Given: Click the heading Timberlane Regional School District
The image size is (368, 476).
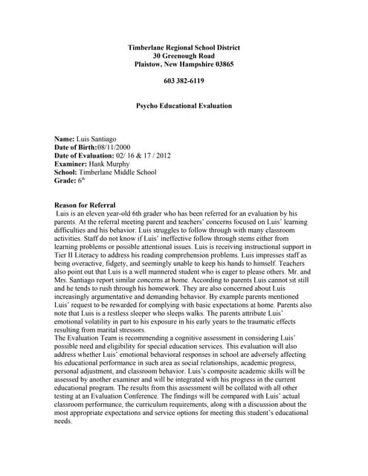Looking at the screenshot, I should click(184, 47).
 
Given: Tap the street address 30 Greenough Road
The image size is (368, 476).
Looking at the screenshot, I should click(184, 56).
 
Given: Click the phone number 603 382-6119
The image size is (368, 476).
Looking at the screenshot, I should click(184, 80).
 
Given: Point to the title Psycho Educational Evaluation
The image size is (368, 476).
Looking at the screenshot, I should click(184, 106).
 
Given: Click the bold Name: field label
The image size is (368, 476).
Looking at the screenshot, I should click(65, 139).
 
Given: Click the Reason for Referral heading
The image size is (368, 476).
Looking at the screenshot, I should click(85, 205).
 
